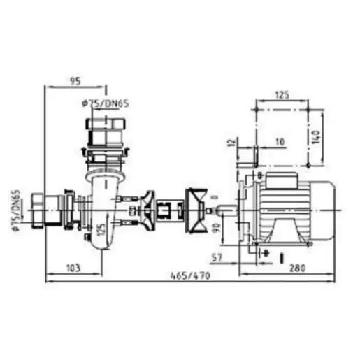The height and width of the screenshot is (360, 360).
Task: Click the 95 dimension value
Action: pos(75,81)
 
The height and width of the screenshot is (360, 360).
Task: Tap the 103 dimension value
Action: pos(73,268)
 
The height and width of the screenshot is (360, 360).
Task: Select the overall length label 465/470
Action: pos(190,275)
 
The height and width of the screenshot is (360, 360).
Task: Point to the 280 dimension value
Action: pos(297,268)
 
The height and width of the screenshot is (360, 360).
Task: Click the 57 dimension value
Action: pos(217,258)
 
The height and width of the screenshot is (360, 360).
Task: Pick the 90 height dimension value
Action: pos(217,227)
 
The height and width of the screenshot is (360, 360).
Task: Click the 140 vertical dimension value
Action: pos(316,137)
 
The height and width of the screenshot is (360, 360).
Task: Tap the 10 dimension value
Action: pos(280,141)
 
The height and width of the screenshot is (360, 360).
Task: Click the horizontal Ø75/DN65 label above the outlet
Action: pos(106,103)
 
